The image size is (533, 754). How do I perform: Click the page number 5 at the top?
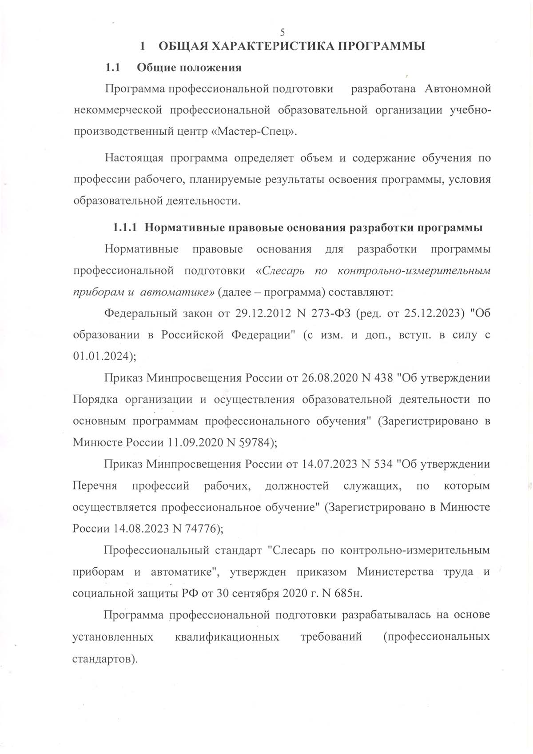282,32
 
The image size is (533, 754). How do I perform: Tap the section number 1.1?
113,68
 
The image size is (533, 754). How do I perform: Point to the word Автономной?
457,89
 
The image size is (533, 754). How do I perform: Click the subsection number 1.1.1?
126,228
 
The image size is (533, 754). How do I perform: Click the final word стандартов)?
104,658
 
